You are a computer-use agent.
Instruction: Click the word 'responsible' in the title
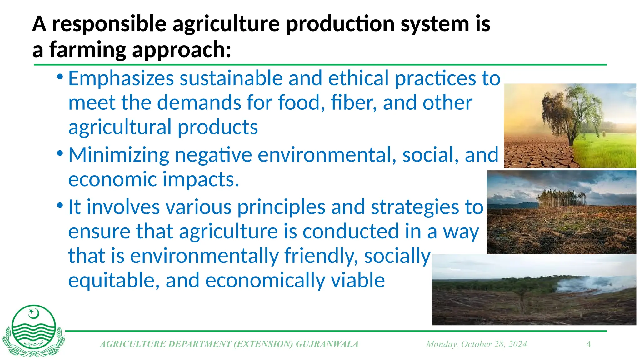point(109,24)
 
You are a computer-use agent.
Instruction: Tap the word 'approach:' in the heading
point(182,50)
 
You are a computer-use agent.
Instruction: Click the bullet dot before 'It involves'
point(60,206)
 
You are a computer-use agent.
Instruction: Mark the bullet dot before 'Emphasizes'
point(60,77)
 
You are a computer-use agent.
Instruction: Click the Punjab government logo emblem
point(34,331)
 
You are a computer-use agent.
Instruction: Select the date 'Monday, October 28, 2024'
point(476,344)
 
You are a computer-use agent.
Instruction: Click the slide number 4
point(588,344)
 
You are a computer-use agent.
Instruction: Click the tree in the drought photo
point(572,112)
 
